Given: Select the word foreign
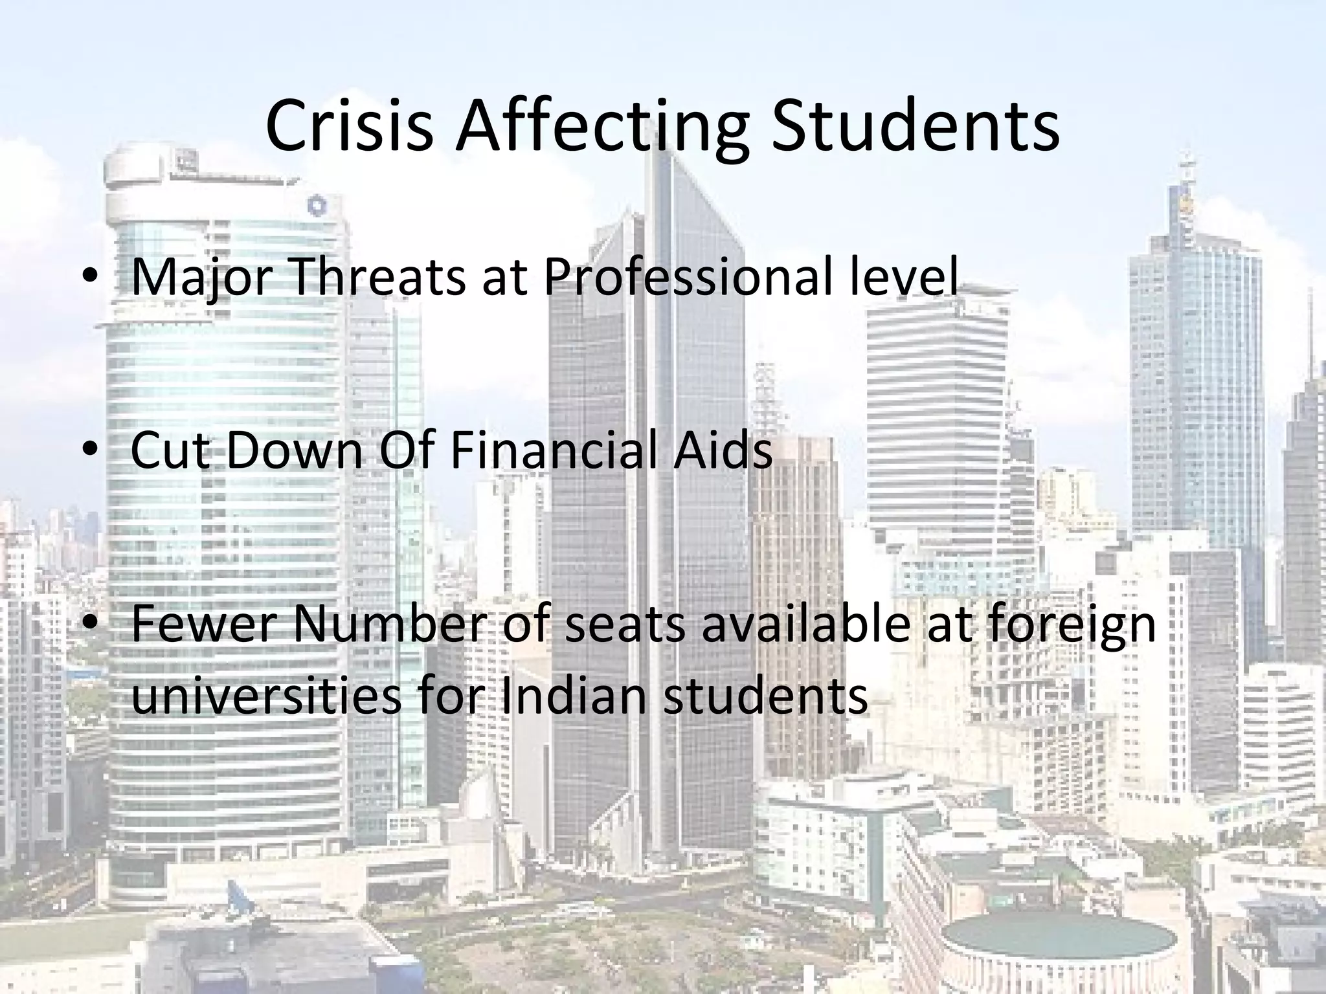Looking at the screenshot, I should (x=1069, y=625).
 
